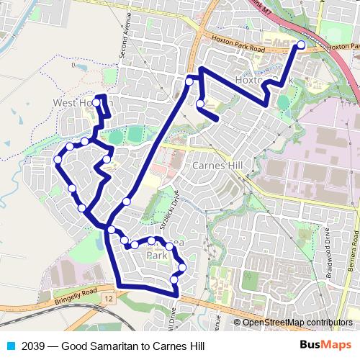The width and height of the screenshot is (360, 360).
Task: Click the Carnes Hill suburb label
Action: pyautogui.click(x=220, y=165)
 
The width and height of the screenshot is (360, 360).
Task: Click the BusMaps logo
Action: pyautogui.click(x=325, y=346)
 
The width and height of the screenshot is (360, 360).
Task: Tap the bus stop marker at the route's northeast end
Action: pyautogui.click(x=301, y=45)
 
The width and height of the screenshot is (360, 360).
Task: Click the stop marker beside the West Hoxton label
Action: pyautogui.click(x=96, y=102)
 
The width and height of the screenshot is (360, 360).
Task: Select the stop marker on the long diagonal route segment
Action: pyautogui.click(x=127, y=202)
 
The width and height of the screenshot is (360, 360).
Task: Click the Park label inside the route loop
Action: pyautogui.click(x=157, y=255)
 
